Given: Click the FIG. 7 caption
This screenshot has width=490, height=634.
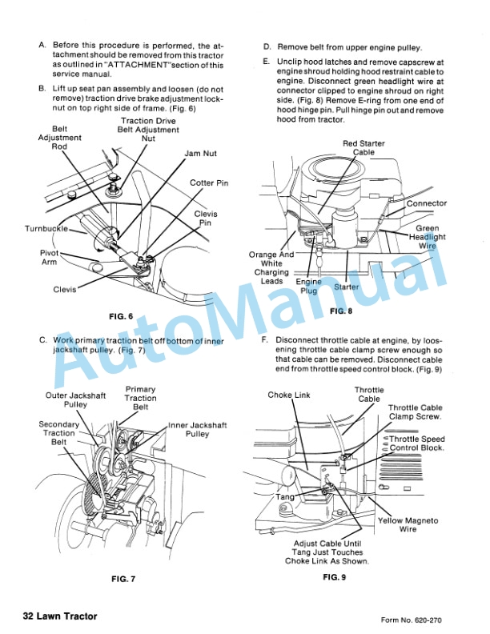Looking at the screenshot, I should pos(125,578).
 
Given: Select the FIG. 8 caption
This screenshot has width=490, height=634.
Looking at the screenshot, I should pos(341,310).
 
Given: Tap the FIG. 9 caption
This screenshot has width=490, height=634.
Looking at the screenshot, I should pos(335,576).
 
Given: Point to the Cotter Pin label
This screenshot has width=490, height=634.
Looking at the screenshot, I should pos(209,183).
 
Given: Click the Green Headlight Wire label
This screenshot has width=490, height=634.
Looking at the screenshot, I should pos(428,237).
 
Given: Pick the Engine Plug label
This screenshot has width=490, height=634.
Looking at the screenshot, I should pos(308,287).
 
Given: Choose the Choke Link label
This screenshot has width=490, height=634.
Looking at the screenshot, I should pos(289,395).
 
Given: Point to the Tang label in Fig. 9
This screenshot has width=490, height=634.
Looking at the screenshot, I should pos(285,496).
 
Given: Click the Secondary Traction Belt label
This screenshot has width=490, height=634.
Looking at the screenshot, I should pos(58,433).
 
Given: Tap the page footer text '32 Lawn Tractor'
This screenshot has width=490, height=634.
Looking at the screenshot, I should pos(60,616).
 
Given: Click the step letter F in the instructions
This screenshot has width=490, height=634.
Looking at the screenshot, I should pos(265,340).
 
